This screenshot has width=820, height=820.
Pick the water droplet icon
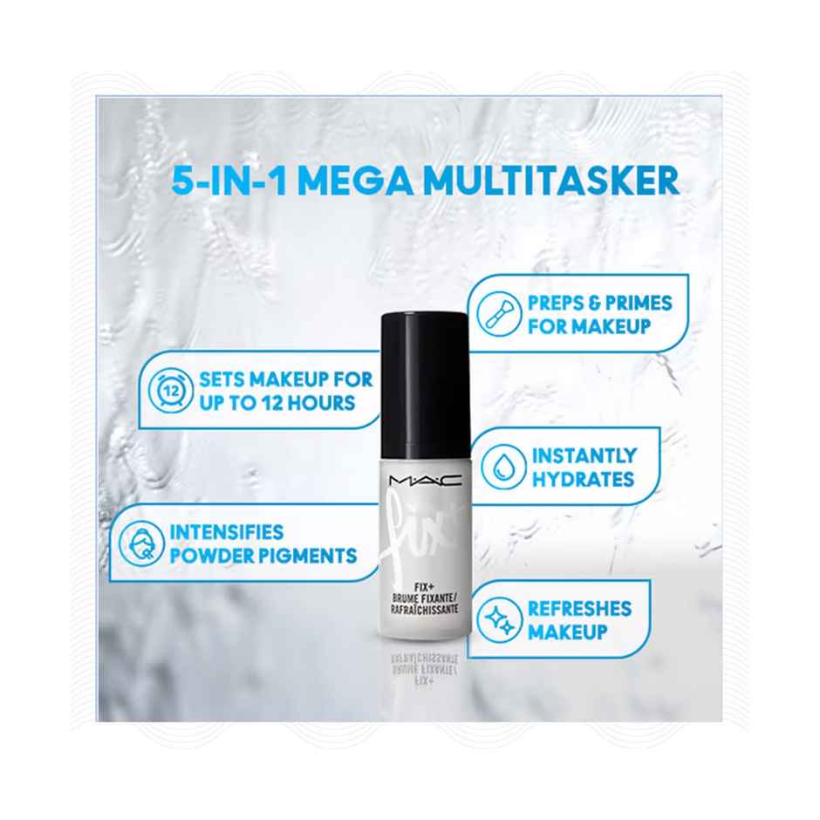coord(502,467)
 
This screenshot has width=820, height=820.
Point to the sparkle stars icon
coord(501,619)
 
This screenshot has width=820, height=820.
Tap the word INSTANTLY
coord(584,455)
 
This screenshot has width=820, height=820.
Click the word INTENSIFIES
coord(227,531)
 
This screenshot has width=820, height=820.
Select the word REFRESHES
coord(578,608)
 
